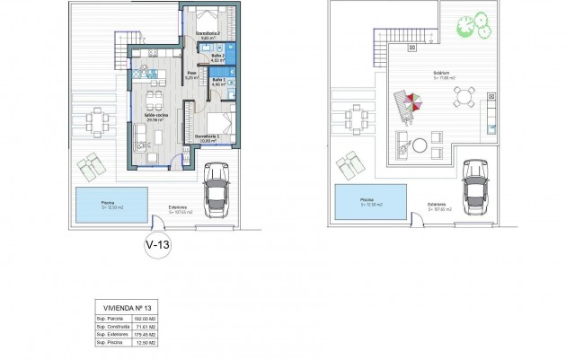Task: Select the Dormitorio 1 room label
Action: point(208,136)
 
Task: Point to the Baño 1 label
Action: point(218,82)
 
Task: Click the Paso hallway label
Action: point(190,75)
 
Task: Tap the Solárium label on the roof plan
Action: point(439,75)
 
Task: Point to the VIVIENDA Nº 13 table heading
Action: point(125,307)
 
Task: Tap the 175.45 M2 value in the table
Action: point(147,335)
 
